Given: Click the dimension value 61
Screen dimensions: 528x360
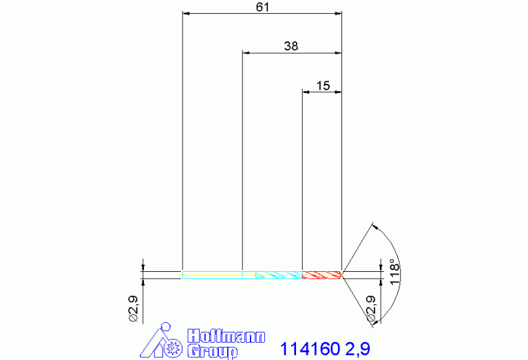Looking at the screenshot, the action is [262, 7].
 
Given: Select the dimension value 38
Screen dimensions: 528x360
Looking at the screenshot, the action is [291, 46].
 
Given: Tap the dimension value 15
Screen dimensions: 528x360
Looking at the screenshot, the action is [323, 85].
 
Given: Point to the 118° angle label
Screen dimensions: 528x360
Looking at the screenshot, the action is [394, 272].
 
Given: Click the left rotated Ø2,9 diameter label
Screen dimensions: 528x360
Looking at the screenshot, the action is [134, 308].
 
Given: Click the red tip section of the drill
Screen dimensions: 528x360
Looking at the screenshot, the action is [322, 275].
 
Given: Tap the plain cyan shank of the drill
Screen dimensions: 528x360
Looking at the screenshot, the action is [212, 275].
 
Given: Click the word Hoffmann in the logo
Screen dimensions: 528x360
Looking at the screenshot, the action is [226, 337].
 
